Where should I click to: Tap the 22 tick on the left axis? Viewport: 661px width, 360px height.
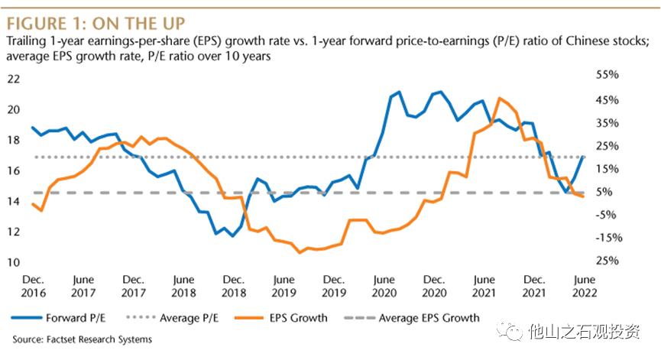pyautogui.click(x=15, y=79)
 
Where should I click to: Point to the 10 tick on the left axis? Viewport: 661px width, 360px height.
pyautogui.click(x=15, y=262)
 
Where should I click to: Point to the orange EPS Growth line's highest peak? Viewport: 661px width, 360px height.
pyautogui.click(x=499, y=98)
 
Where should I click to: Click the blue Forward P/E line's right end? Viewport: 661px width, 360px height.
pyautogui.click(x=584, y=156)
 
